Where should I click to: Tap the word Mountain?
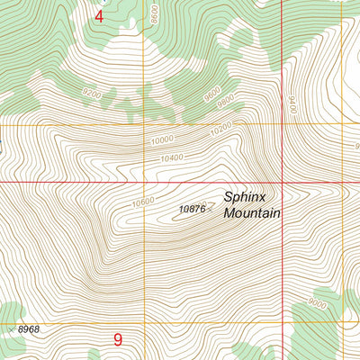[252, 213]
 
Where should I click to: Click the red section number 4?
[99, 16]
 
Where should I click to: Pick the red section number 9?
[118, 340]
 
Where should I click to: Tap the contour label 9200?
[92, 93]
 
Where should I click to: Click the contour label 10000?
[162, 140]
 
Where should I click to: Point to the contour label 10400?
[174, 158]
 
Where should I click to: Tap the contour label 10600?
[142, 202]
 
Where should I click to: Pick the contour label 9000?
[316, 303]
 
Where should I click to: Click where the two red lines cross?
[282, 181]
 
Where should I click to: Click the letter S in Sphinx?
[229, 197]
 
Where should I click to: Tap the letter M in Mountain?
[229, 213]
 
